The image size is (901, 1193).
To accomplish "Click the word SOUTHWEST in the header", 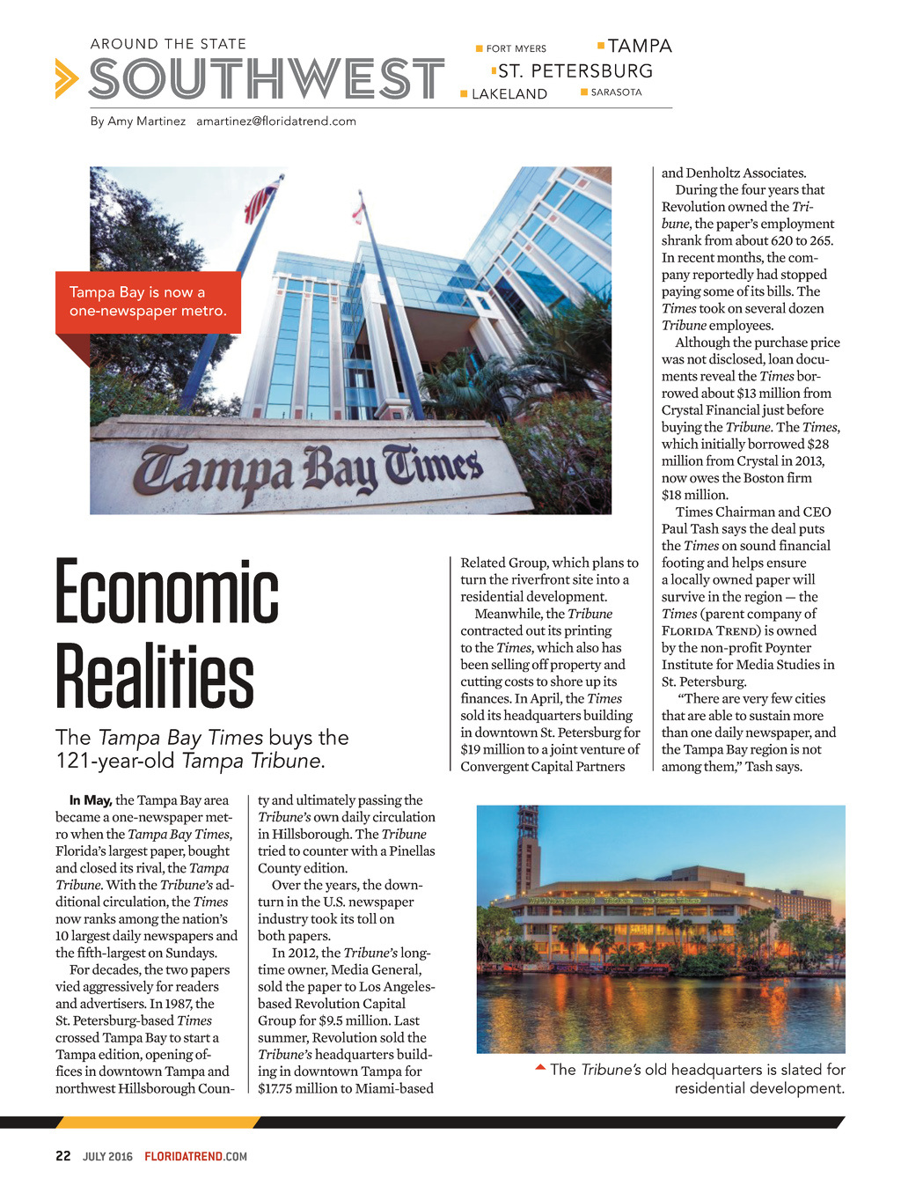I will [x=267, y=79].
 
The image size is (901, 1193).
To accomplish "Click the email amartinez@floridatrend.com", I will [x=276, y=122].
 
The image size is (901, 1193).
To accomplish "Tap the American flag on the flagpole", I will [x=260, y=203].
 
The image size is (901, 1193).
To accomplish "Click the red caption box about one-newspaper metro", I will [x=148, y=302].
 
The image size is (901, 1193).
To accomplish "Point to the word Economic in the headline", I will [x=167, y=592].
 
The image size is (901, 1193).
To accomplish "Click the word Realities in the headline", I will [x=155, y=675].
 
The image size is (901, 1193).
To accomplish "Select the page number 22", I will [x=63, y=1156].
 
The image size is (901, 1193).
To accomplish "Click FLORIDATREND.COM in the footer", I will [x=195, y=1156].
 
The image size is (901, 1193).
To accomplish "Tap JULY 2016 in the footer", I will [x=107, y=1156].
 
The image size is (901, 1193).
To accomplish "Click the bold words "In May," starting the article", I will [x=91, y=800].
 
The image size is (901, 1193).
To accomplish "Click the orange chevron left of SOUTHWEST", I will [x=66, y=78].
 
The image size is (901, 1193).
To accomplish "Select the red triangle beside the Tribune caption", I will [x=540, y=1068].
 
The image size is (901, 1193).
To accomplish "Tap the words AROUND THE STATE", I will [x=168, y=44].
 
